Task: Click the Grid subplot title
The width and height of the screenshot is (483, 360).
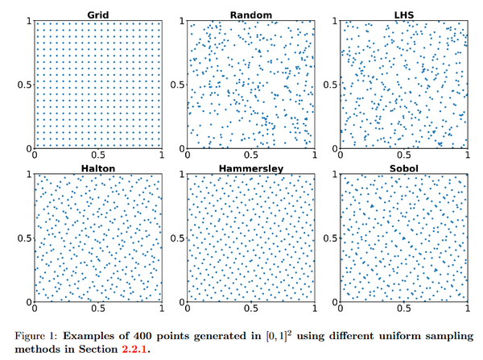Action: pyautogui.click(x=99, y=14)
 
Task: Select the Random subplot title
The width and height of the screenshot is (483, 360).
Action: pyautogui.click(x=250, y=14)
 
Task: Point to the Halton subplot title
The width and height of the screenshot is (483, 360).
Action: pyautogui.click(x=98, y=168)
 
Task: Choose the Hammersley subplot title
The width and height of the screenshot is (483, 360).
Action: pyautogui.click(x=250, y=168)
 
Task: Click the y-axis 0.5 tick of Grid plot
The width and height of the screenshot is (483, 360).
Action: pyautogui.click(x=26, y=85)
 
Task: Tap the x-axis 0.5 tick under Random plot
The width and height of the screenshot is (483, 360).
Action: pyautogui.click(x=251, y=155)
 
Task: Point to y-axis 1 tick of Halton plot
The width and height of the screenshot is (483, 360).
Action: pyautogui.click(x=30, y=174)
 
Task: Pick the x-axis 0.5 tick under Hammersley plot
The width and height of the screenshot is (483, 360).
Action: pyautogui.click(x=251, y=309)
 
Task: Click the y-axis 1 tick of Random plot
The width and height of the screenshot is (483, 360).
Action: pyautogui.click(x=182, y=20)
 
